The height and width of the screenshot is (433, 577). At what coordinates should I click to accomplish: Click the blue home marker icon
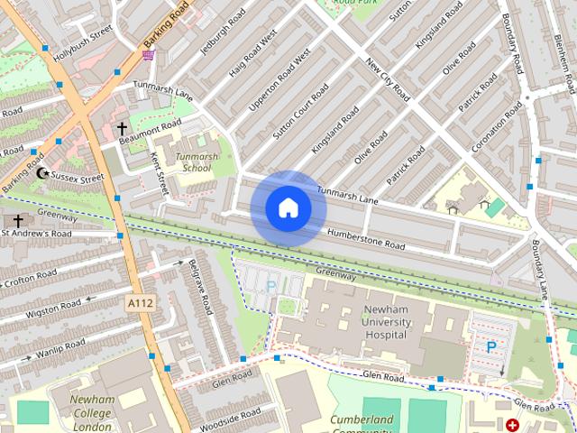(x=288, y=208)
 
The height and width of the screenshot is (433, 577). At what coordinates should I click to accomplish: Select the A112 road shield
(x=141, y=304)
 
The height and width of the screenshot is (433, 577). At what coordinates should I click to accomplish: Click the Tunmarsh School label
(x=197, y=161)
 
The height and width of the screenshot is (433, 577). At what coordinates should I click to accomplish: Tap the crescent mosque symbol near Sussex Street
(x=41, y=173)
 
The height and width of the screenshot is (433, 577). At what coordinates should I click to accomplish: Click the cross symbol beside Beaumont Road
(x=123, y=130)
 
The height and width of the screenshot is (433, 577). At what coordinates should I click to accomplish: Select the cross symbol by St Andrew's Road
(x=17, y=220)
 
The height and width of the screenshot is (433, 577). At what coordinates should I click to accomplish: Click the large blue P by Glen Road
(x=491, y=346)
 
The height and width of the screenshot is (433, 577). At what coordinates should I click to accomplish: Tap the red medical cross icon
(x=513, y=425)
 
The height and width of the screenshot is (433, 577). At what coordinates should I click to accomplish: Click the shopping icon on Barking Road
(x=148, y=55)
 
